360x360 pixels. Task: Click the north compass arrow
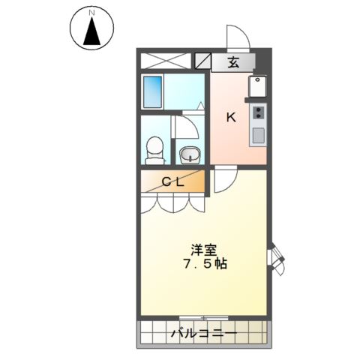(x=92, y=31)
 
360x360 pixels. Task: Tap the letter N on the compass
(x=92, y=13)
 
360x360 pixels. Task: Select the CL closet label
(x=173, y=181)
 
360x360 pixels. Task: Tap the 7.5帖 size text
(x=205, y=265)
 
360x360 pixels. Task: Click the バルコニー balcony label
(x=203, y=332)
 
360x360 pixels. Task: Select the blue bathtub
(x=153, y=92)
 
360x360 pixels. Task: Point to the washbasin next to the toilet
(x=190, y=154)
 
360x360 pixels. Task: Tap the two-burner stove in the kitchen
(x=258, y=112)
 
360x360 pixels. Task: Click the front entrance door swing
(x=237, y=37)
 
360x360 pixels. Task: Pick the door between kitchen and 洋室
(x=224, y=180)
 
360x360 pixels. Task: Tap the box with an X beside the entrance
(x=165, y=61)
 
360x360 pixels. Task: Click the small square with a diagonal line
(x=202, y=61)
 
